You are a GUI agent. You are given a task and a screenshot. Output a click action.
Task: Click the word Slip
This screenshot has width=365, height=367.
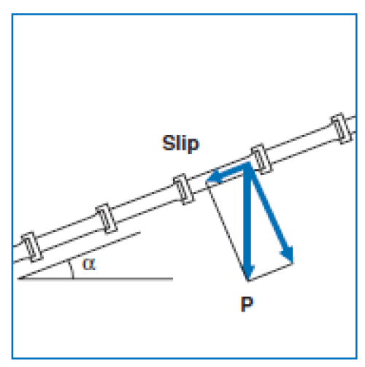tap(180, 144)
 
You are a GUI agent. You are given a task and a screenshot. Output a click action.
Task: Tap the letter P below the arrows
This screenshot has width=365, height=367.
tap(247, 304)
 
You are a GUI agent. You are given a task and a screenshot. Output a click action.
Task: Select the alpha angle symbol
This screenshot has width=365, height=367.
tap(89, 264)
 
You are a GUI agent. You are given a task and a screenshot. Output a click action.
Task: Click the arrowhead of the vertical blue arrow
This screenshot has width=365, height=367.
tap(248, 272)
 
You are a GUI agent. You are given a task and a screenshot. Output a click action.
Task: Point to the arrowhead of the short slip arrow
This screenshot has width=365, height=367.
tap(214, 177)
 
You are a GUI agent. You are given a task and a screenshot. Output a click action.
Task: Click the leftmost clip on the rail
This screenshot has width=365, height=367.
tap(31, 247)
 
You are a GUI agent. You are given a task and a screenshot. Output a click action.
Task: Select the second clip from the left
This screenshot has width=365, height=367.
tap(106, 218)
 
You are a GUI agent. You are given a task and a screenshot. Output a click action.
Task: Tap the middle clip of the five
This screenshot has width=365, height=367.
tap(184, 189)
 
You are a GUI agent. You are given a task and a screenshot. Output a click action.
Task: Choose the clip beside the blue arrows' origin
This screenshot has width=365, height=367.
tap(261, 158)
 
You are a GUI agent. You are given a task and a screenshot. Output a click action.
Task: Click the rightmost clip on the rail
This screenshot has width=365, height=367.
tap(341, 128)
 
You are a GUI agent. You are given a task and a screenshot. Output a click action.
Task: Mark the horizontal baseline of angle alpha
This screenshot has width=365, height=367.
tap(96, 279)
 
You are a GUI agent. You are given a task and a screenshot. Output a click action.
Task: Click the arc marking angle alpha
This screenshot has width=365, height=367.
tap(72, 269)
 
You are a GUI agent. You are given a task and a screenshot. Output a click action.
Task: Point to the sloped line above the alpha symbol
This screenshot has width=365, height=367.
tap(79, 255)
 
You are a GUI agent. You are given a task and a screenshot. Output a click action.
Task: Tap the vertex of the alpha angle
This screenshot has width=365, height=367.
tap(18, 279)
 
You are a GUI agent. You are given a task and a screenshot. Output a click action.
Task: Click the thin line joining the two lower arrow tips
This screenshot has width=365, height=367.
tap(271, 272)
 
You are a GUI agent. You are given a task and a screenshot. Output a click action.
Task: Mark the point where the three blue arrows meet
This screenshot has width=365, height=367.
tap(247, 165)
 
